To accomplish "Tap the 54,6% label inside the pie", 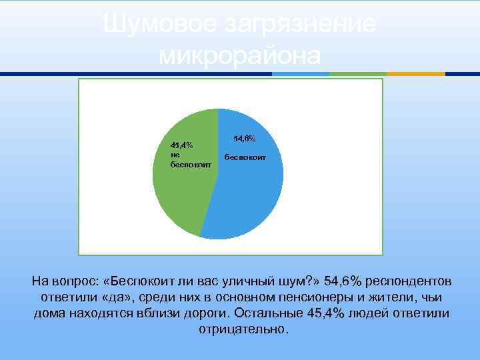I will coord(244,139).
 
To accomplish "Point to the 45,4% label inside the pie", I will coord(181,145).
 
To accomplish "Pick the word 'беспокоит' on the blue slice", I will coord(245,158).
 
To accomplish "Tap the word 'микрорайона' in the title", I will coord(240,55).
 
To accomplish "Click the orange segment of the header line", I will coord(416,74).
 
